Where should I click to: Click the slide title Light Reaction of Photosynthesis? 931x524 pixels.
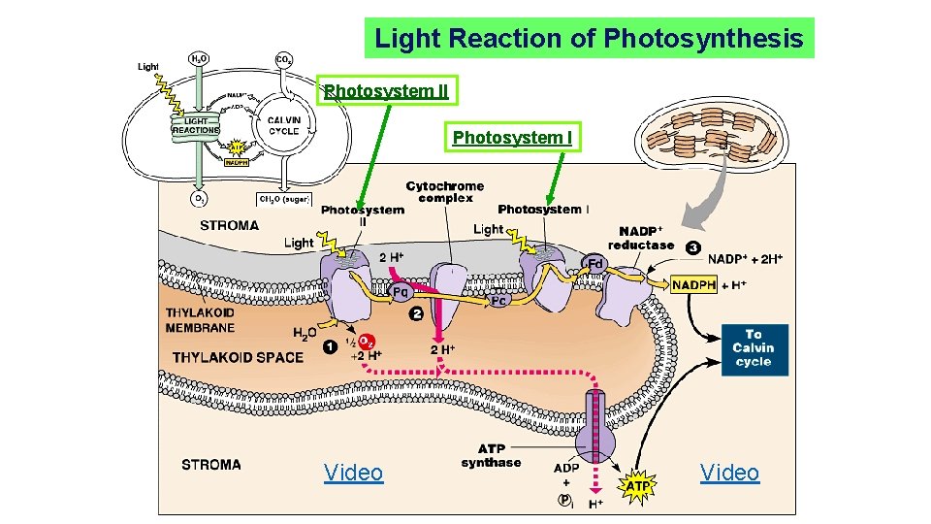pos(589,39)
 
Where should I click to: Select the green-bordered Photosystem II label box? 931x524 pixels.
pos(386,91)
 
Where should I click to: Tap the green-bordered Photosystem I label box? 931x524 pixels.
pos(512,138)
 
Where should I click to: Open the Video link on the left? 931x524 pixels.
pos(353,473)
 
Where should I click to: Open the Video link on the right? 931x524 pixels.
pos(729,473)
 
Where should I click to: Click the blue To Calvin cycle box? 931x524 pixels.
pos(754,348)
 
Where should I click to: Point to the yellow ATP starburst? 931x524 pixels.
pos(637,484)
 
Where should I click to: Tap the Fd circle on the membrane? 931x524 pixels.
pos(594,263)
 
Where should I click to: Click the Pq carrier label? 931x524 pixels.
pos(399,290)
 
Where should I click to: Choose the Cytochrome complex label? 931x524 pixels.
pos(445,191)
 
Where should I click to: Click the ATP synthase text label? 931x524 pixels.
pos(491,456)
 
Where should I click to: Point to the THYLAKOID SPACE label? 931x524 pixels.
pos(239,357)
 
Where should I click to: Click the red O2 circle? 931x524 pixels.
pos(366,342)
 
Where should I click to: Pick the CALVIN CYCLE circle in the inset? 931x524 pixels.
pos(283,127)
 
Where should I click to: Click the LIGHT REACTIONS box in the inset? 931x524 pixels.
pos(196,125)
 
